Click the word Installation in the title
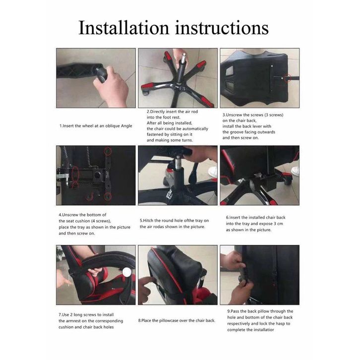pos(124,28)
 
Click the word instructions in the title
pos(222,28)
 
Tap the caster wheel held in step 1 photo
pos(102,74)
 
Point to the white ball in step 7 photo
pos(126,272)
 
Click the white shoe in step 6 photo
pos(295,171)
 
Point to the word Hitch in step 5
pos(148,221)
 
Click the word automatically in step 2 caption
pos(195,128)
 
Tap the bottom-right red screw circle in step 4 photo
pos(108,196)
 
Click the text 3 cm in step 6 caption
pos(278,224)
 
